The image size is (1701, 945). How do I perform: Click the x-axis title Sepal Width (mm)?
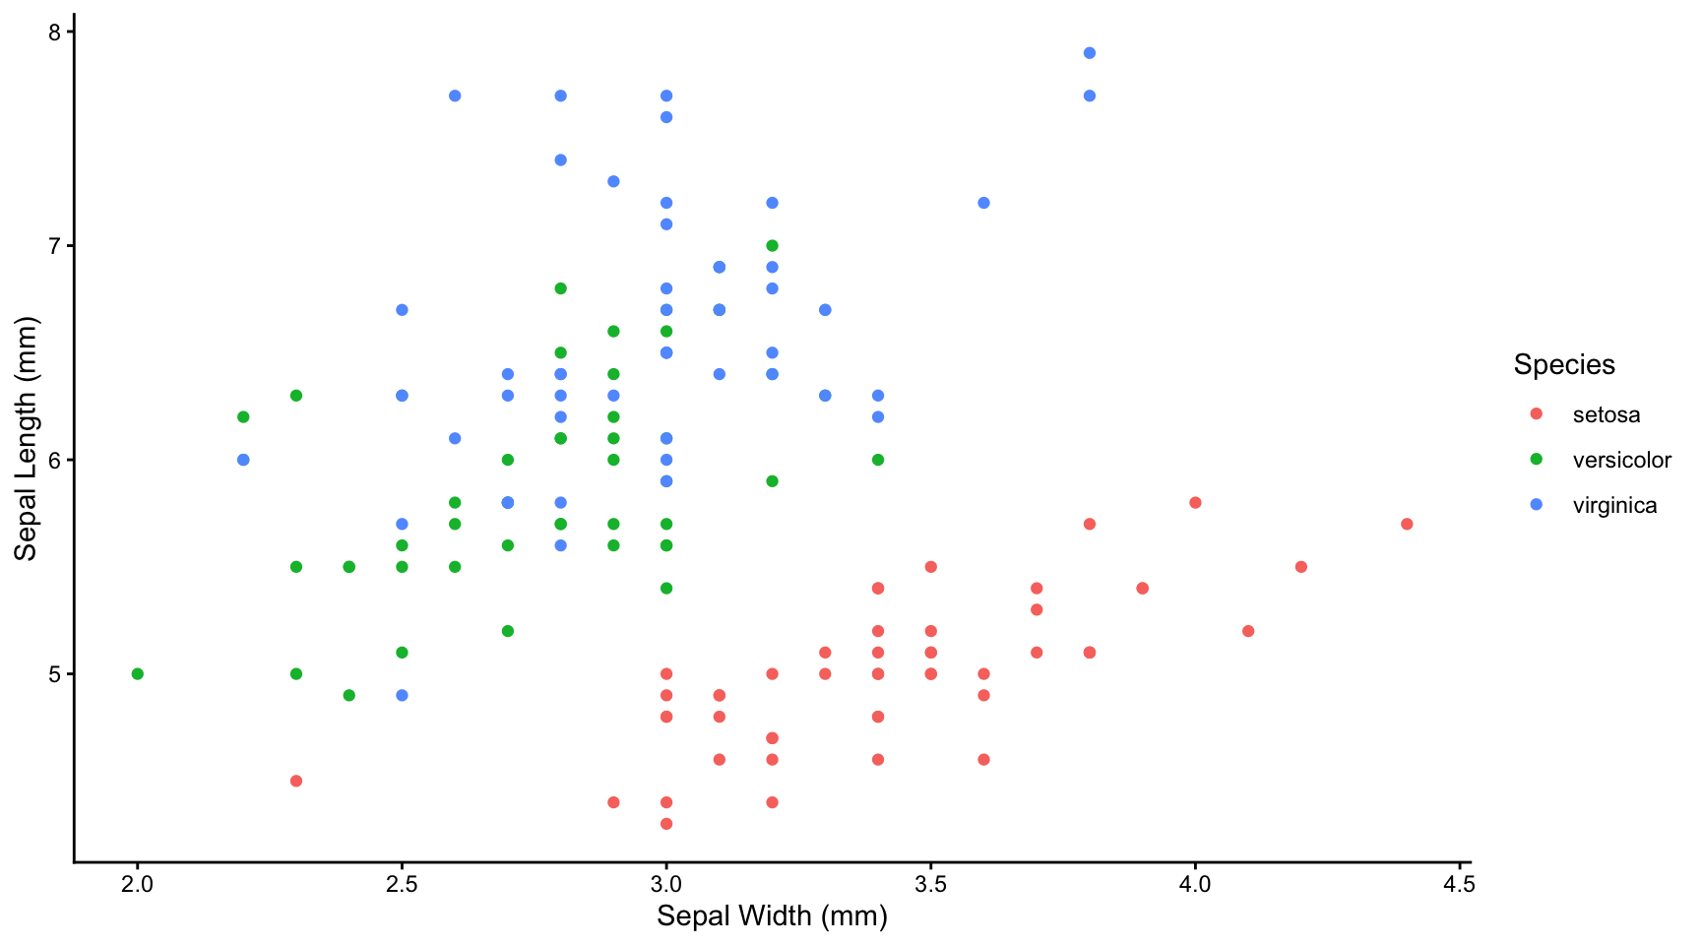click(x=772, y=916)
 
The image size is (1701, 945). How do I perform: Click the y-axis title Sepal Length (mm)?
click(x=25, y=439)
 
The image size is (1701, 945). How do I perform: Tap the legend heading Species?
click(x=1564, y=365)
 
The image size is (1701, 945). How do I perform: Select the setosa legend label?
click(x=1606, y=415)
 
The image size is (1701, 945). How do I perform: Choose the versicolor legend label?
click(x=1621, y=461)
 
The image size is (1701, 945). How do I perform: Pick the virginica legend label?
click(x=1614, y=506)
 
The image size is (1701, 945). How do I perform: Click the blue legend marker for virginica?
click(x=1536, y=505)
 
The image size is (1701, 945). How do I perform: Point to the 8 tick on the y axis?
click(x=54, y=32)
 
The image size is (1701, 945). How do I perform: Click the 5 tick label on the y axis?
click(x=54, y=674)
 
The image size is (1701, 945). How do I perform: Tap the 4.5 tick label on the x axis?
click(x=1459, y=884)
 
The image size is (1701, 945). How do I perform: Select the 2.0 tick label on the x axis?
click(x=138, y=884)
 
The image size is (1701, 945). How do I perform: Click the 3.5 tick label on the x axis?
click(x=930, y=884)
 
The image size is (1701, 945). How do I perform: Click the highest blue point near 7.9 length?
click(x=1089, y=53)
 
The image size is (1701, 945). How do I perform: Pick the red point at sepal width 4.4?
click(x=1407, y=524)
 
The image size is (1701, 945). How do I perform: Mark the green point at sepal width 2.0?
click(x=138, y=674)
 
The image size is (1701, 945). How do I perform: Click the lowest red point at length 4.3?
click(x=666, y=824)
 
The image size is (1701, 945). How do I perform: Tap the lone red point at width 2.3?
click(x=296, y=781)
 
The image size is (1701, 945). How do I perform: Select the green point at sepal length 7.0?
click(x=772, y=246)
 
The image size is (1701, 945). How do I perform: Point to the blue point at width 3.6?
click(x=983, y=203)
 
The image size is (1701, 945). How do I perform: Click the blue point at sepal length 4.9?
click(x=402, y=696)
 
